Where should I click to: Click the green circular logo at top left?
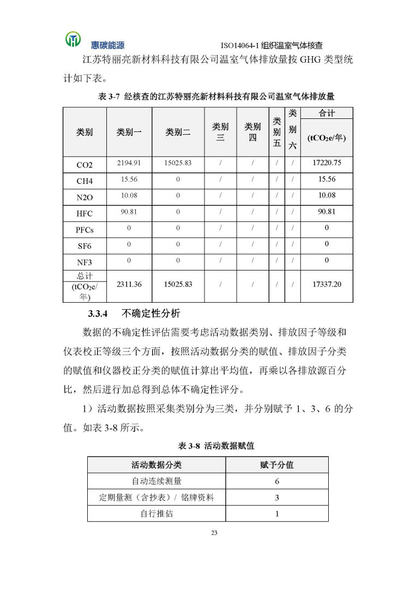73,39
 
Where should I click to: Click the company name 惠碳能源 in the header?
107,45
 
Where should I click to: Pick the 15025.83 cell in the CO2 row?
178,163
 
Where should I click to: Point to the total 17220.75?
327,163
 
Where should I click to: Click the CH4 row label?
85,181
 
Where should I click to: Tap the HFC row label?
85,214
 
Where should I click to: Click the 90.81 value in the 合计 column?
327,212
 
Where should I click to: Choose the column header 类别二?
178,133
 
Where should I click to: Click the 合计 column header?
327,113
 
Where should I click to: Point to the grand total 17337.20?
327,285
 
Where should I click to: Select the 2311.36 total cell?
129,285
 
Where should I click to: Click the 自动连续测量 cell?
156,482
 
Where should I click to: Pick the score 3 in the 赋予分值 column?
277,497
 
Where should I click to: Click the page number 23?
214,533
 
